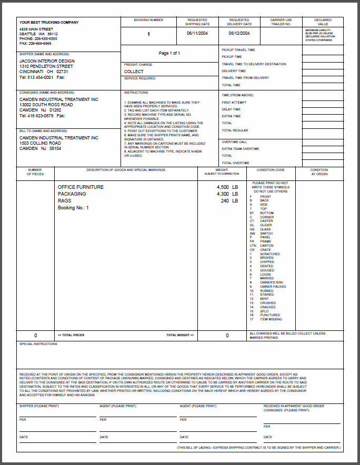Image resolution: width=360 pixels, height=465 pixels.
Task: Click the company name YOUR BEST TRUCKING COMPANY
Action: [49, 23]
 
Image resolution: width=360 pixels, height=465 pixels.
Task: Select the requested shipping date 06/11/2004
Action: [198, 33]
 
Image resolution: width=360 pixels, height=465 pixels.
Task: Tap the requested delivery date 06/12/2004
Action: [239, 33]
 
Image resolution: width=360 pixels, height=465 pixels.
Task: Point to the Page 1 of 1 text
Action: [169, 54]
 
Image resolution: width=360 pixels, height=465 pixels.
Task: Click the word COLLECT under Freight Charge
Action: [134, 72]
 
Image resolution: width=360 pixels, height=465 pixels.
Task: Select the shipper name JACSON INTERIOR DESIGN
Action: [47, 61]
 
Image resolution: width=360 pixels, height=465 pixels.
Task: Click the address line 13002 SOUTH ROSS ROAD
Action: [46, 105]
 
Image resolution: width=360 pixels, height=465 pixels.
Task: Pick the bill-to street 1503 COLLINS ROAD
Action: [40, 143]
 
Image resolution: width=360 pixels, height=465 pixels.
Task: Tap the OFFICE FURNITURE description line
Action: [81, 187]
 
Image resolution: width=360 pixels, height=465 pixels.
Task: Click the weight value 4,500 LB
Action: [227, 187]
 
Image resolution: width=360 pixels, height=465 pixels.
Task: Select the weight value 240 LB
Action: [229, 201]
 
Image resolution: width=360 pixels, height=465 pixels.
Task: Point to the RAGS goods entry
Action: [65, 201]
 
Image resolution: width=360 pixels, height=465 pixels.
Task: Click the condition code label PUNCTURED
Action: [271, 315]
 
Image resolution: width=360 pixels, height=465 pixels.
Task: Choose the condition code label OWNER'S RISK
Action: [272, 282]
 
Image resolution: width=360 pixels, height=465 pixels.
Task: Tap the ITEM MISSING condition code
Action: [271, 319]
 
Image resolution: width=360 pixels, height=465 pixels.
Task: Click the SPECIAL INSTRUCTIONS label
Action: [38, 344]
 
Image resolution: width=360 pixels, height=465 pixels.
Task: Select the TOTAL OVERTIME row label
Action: [235, 163]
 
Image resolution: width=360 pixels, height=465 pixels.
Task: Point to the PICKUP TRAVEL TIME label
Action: [238, 50]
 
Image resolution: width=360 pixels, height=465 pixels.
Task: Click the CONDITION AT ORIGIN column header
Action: [319, 172]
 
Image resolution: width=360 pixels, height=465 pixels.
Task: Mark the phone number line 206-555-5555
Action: [38, 39]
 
